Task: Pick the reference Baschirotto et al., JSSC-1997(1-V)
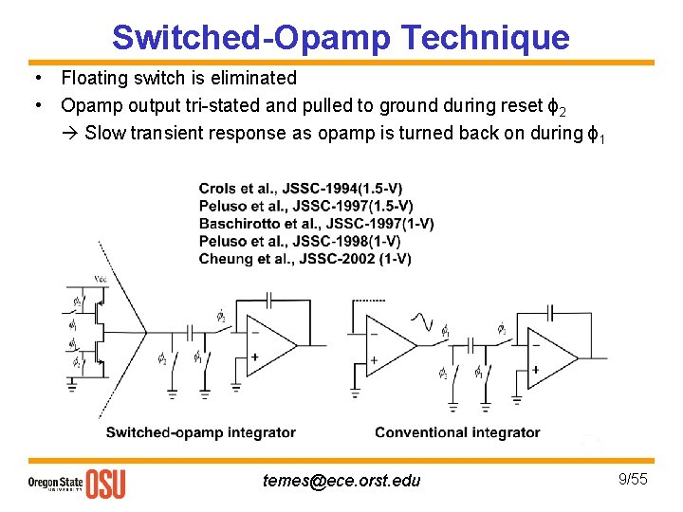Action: point(316,224)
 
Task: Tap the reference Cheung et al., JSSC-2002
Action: point(305,259)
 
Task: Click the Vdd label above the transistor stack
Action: point(100,278)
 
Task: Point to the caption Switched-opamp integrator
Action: point(201,432)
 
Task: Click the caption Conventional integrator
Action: point(457,432)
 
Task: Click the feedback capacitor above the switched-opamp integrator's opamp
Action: point(268,298)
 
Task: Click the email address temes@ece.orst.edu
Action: point(341,481)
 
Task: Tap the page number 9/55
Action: point(633,479)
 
